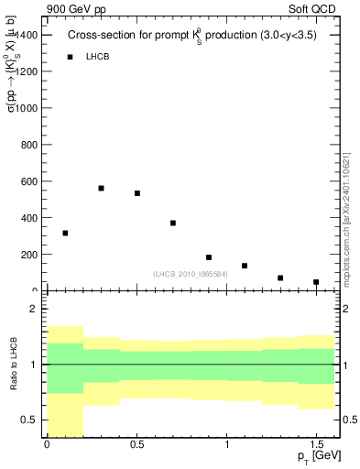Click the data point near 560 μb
(x=101, y=188)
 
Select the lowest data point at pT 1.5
(x=316, y=282)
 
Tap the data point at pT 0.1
(x=65, y=233)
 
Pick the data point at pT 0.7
(x=172, y=223)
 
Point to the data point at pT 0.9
(x=209, y=257)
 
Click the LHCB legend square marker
(x=70, y=57)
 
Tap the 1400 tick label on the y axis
(x=27, y=34)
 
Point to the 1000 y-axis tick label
(x=27, y=107)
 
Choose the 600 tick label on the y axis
(x=30, y=181)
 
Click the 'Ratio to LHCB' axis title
(x=13, y=364)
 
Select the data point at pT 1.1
(x=245, y=266)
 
